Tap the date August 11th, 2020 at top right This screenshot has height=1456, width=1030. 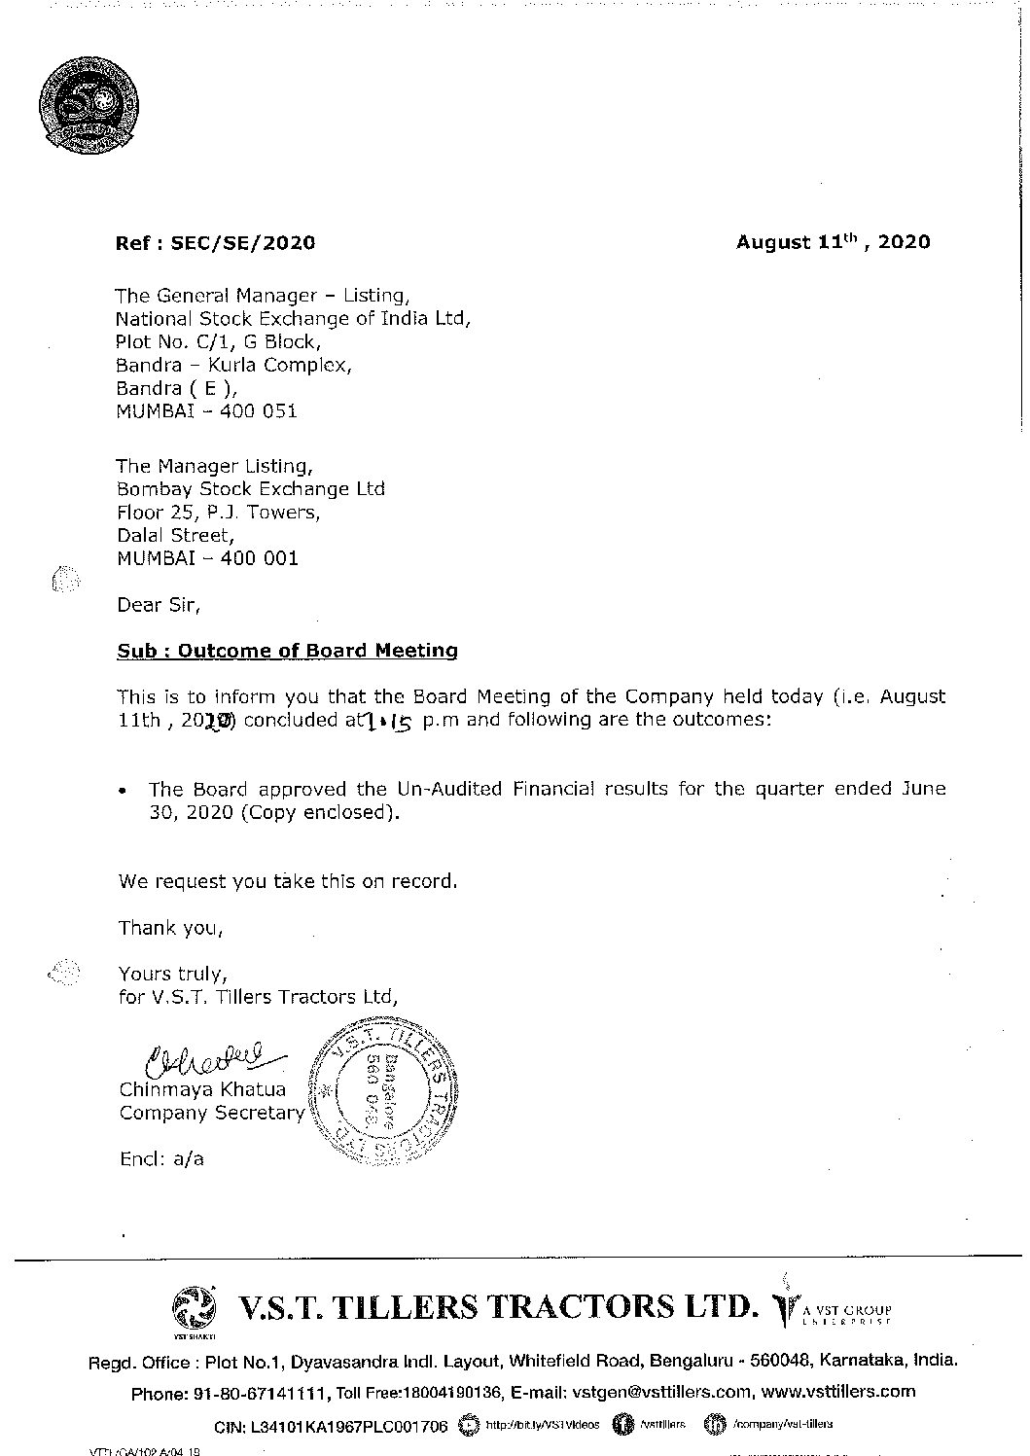(832, 242)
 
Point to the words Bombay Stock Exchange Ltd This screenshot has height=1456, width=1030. (250, 488)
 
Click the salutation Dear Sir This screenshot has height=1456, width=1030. (159, 605)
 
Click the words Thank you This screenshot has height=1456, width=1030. (170, 928)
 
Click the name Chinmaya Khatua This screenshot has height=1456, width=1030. (202, 1089)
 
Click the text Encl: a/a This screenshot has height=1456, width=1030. (161, 1159)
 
